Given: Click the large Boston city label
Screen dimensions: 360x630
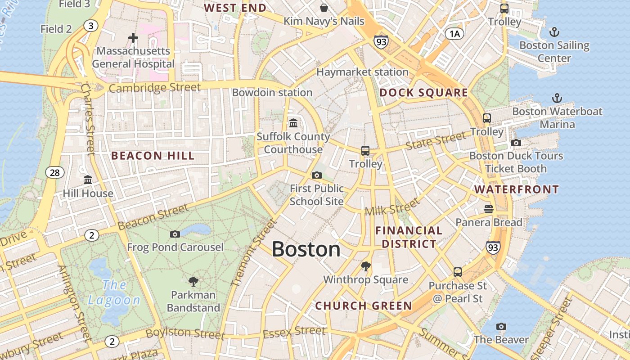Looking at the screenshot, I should click(306, 249).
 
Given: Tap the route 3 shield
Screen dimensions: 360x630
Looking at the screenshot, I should click(91, 26).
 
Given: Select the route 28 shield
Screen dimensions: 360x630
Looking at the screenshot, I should click(54, 172).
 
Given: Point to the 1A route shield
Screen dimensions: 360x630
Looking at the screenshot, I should click(454, 33).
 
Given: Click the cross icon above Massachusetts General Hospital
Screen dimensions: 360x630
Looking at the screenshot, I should click(133, 38).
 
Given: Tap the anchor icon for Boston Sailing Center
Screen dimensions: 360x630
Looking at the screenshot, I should click(554, 32).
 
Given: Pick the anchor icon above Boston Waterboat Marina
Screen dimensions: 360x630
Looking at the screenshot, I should click(557, 98).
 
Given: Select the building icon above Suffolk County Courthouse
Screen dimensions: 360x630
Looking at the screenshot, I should click(293, 123).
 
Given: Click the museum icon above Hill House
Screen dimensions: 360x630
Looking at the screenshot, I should click(88, 180).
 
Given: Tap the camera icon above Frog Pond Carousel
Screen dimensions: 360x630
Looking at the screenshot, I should click(175, 234).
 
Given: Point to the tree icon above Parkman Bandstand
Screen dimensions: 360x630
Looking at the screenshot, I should click(193, 282).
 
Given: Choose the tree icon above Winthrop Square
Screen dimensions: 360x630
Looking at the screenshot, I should click(365, 266).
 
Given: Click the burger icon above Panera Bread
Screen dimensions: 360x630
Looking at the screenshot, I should click(489, 209).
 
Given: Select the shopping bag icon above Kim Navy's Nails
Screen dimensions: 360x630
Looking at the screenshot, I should click(324, 8).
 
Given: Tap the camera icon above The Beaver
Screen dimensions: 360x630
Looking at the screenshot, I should click(501, 326).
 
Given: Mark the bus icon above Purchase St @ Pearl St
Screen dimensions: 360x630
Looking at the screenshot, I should click(458, 272).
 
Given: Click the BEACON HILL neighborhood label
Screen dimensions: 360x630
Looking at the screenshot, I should click(153, 156).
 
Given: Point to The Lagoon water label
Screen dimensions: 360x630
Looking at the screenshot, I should click(114, 292).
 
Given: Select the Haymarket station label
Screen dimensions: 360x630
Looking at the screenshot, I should click(362, 72).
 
